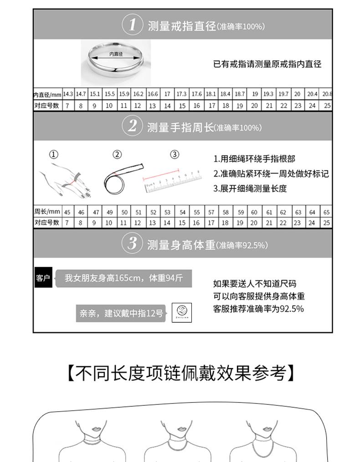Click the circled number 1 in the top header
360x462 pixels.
tap(132, 25)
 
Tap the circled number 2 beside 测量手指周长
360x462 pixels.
tap(132, 126)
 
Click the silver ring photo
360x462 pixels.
tap(116, 62)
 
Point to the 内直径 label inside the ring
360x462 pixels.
tap(116, 54)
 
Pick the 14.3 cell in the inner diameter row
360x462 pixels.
tap(68, 94)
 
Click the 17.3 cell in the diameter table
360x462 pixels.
tap(181, 94)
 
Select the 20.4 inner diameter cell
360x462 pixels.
tap(312, 94)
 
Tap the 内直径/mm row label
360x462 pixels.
tap(47, 94)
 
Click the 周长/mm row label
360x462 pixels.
tap(47, 212)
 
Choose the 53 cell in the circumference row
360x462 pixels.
tap(167, 212)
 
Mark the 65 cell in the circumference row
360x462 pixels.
tap(326, 212)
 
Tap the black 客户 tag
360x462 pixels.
tap(42, 278)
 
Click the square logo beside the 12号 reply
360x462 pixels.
tap(182, 312)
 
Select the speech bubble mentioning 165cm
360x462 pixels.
tap(123, 278)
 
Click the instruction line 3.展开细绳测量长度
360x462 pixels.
tap(250, 188)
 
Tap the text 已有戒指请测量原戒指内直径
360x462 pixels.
tap(267, 64)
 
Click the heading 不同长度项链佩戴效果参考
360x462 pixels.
tap(180, 373)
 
